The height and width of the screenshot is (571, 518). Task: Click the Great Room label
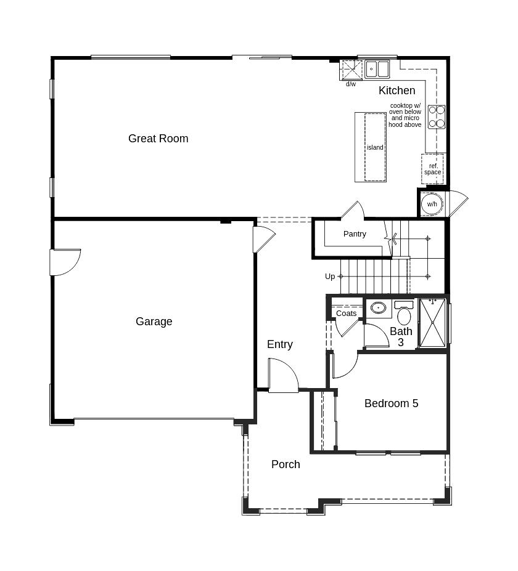[158, 139]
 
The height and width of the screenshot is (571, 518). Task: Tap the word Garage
[154, 322]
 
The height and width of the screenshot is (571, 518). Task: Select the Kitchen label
[397, 91]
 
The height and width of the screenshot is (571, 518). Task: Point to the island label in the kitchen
[375, 147]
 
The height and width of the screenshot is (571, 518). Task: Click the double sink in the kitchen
[377, 69]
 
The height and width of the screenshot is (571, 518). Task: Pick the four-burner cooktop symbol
[437, 117]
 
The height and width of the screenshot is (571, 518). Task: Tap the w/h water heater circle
[432, 204]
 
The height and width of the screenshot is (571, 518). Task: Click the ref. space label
[433, 169]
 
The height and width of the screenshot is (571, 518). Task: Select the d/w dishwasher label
[351, 84]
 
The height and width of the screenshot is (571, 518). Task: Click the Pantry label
[355, 234]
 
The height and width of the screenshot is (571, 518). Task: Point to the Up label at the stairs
[330, 277]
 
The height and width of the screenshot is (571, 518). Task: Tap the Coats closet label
[347, 313]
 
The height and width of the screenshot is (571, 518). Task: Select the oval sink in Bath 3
[379, 308]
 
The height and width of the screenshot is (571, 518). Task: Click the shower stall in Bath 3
[432, 322]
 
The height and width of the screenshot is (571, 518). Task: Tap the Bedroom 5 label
[391, 403]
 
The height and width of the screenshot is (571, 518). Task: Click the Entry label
[279, 344]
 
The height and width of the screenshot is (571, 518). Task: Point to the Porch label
[286, 464]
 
